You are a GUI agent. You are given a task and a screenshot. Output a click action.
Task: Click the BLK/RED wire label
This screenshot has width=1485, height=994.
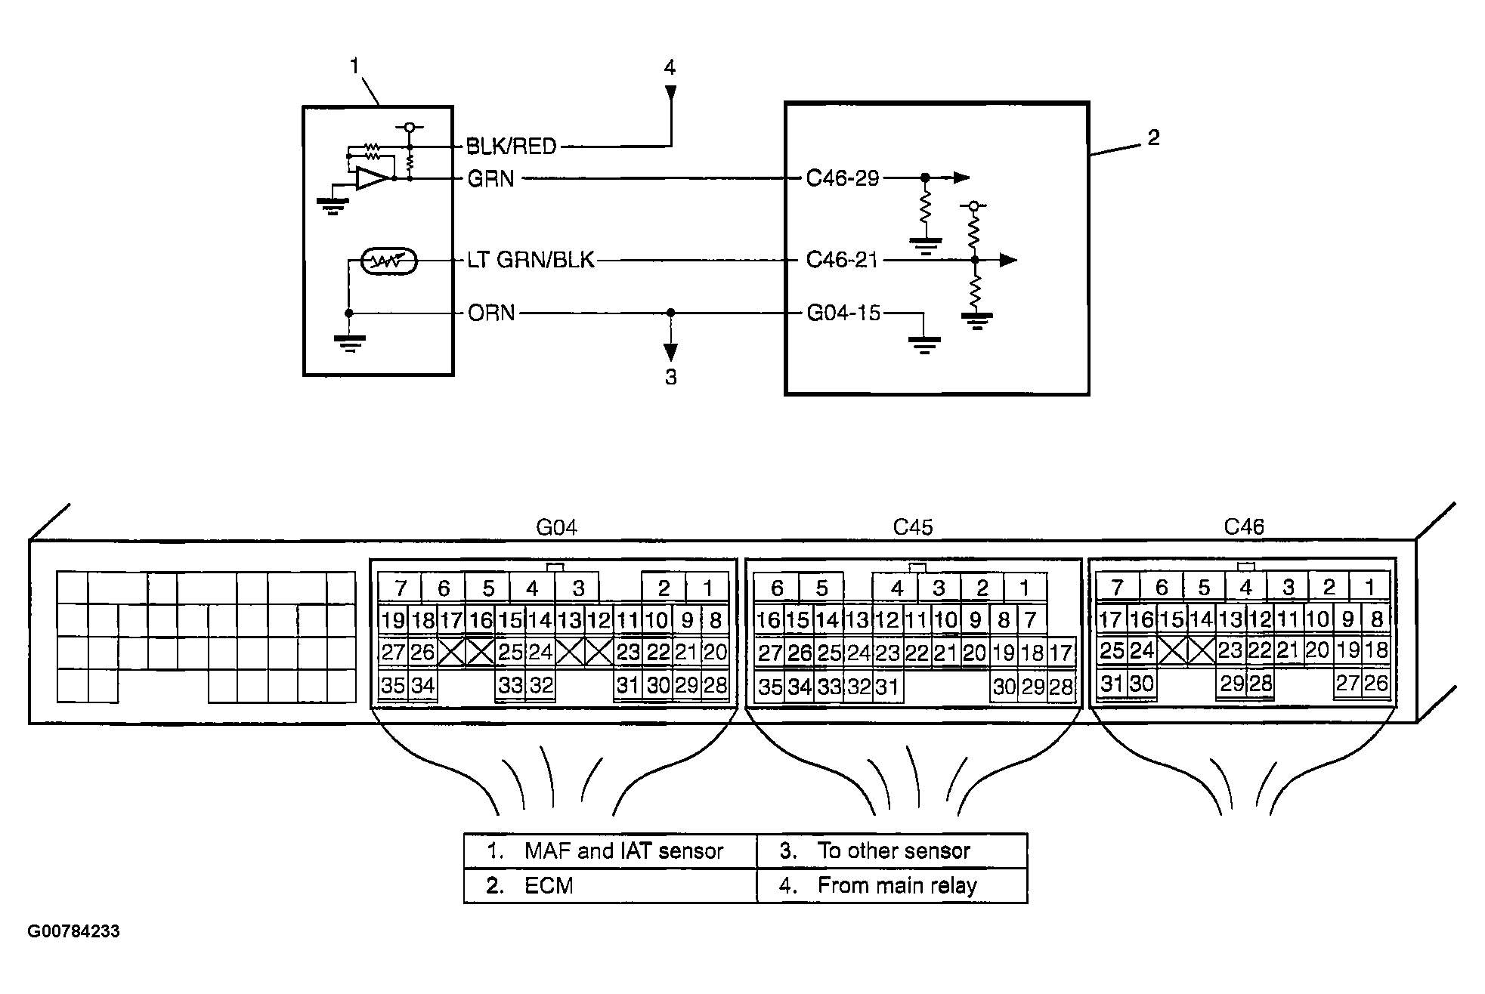tap(511, 146)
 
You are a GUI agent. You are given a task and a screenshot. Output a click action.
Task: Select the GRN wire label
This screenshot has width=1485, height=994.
tap(490, 179)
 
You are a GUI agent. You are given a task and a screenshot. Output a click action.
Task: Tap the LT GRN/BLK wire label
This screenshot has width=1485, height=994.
tap(531, 261)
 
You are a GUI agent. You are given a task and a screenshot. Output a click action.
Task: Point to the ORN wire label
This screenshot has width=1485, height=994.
tap(491, 313)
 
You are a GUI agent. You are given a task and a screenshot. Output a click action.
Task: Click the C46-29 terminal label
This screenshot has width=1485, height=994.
tap(843, 178)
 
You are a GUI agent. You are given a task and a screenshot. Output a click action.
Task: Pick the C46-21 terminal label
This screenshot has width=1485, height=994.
tap(842, 260)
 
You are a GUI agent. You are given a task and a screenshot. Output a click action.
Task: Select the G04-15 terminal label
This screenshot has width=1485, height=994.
tap(843, 313)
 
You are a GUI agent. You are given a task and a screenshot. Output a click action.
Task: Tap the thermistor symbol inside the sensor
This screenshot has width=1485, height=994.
tap(388, 261)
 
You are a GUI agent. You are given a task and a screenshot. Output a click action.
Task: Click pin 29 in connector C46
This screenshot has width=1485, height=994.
tap(1232, 684)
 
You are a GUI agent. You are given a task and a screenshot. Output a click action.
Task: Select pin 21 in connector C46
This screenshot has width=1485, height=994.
tap(1289, 650)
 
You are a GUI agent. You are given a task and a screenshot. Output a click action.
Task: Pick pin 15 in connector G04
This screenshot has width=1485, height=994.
tap(510, 620)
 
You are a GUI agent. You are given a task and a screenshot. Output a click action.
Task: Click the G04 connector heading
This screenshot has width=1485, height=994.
tap(556, 527)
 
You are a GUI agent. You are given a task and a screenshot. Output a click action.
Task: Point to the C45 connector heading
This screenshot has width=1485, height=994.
tap(913, 527)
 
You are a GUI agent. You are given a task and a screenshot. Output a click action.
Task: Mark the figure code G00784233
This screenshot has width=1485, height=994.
tap(74, 931)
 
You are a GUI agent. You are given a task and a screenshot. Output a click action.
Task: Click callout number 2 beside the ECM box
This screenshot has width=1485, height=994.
tap(1153, 137)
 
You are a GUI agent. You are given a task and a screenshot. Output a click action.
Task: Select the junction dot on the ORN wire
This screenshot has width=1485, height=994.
tap(670, 313)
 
